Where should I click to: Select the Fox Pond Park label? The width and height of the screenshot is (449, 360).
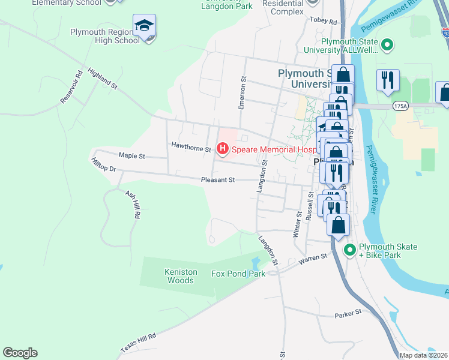pyautogui.click(x=238, y=274)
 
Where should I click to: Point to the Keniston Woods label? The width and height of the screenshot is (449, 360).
pyautogui.click(x=181, y=276)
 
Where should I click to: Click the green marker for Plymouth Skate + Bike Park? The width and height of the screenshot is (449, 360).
pyautogui.click(x=349, y=248)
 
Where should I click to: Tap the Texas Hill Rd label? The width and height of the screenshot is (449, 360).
pyautogui.click(x=139, y=342)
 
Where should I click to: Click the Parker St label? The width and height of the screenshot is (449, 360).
pyautogui.click(x=349, y=313)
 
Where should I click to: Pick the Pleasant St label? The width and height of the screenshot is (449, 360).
pyautogui.click(x=218, y=179)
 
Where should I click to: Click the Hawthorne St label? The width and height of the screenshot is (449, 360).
pyautogui.click(x=191, y=146)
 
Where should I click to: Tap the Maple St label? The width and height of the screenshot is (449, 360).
pyautogui.click(x=132, y=155)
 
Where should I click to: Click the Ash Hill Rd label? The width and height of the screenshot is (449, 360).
pyautogui.click(x=133, y=204)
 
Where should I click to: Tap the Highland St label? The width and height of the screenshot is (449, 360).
pyautogui.click(x=102, y=78)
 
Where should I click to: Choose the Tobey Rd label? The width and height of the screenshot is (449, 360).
pyautogui.click(x=324, y=20)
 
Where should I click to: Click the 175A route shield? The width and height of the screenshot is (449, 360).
pyautogui.click(x=400, y=106)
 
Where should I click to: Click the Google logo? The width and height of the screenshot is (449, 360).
pyautogui.click(x=20, y=352)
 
